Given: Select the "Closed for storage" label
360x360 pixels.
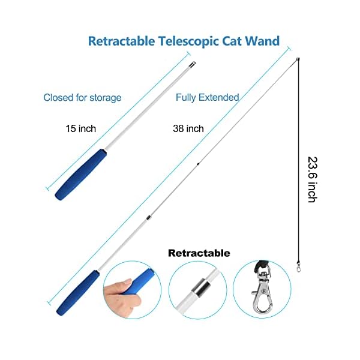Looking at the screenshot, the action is [82, 97].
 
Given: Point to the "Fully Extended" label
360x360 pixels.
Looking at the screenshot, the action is [207, 97].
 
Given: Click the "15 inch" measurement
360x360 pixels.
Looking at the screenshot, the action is [81, 128].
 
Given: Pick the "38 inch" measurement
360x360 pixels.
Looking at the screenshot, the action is [188, 128].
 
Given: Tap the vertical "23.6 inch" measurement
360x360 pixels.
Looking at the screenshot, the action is [311, 179].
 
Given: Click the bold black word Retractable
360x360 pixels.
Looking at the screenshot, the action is [199, 253].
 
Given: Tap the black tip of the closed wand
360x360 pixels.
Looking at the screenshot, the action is [191, 63].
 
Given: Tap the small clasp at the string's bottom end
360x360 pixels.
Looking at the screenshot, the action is [298, 268].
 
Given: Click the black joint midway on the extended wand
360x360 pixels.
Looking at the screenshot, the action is [197, 163].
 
